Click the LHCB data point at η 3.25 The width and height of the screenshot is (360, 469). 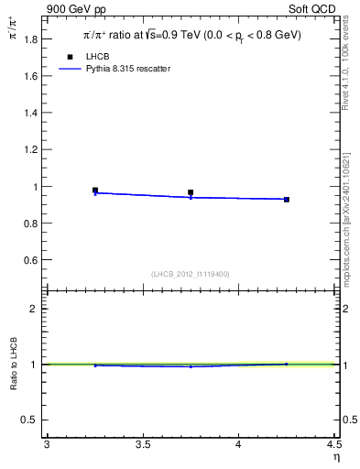(95, 191)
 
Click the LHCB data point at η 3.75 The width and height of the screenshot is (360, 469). (191, 193)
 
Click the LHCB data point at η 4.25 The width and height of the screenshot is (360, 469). (287, 199)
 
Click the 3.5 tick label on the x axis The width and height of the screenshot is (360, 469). (142, 445)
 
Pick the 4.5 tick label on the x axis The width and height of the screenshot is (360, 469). (333, 445)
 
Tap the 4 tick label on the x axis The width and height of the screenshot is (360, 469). (238, 445)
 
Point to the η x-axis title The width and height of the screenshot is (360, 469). (335, 457)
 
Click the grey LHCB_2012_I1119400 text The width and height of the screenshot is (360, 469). (191, 274)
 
